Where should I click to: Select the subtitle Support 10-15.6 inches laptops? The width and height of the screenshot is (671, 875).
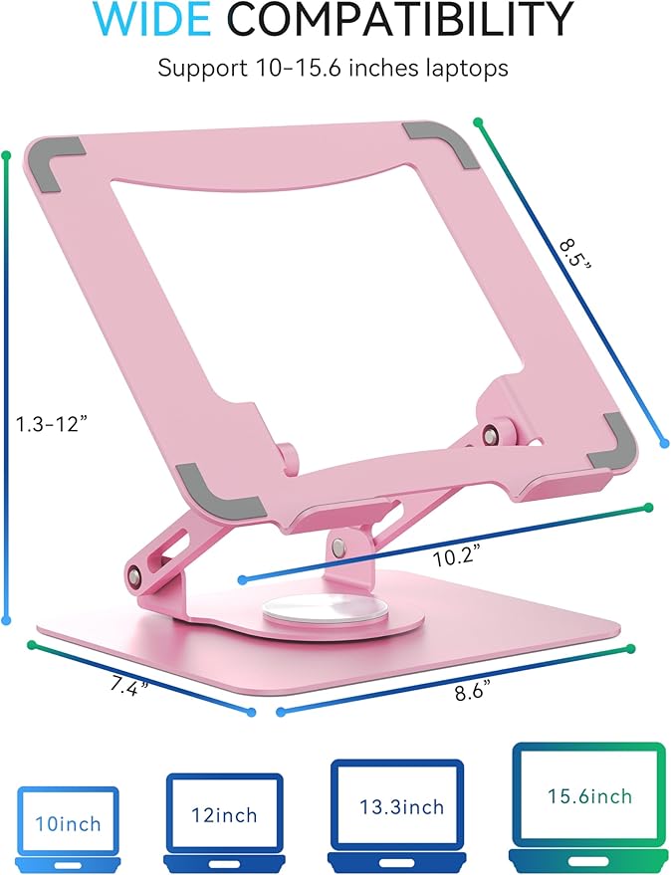335,70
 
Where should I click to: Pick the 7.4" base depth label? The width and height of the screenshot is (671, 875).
127,687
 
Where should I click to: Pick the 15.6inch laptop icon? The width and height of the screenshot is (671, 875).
588,797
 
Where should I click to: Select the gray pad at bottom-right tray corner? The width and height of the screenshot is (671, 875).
609,451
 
